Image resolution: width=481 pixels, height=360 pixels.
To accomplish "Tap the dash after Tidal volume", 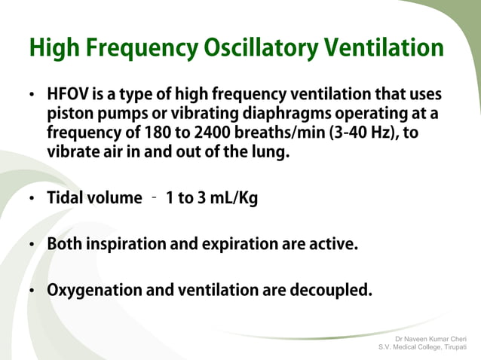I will [153, 198].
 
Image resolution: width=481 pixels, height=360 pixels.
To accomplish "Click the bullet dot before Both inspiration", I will [32, 246].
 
